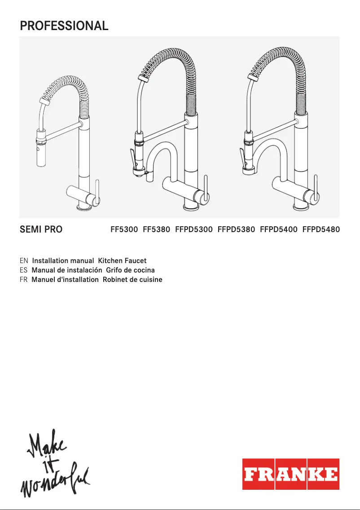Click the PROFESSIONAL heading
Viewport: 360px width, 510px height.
point(64,26)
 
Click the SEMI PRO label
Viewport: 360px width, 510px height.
point(41,230)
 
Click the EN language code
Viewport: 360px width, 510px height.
point(24,261)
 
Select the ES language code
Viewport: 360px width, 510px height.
point(24,270)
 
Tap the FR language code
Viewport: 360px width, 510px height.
point(24,280)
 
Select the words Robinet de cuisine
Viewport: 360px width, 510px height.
point(132,280)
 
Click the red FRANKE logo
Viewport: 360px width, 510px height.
point(291,474)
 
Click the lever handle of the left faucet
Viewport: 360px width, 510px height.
point(97,191)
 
